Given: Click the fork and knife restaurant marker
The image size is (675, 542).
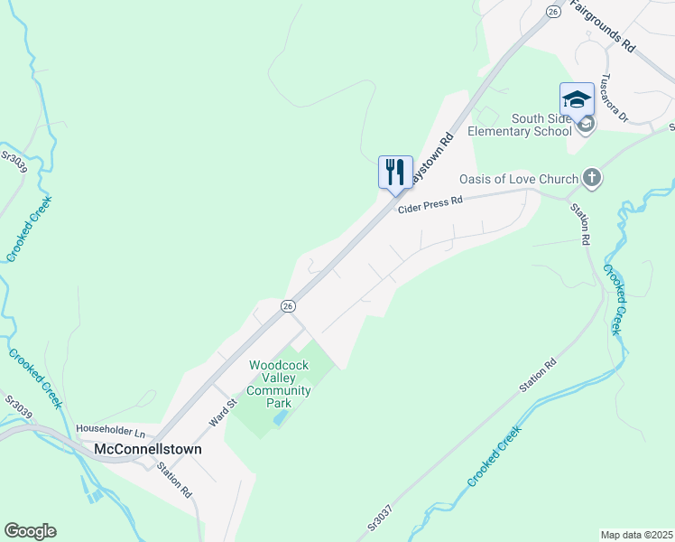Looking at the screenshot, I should pyautogui.click(x=395, y=173).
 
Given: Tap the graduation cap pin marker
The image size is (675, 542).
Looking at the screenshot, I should pyautogui.click(x=577, y=99).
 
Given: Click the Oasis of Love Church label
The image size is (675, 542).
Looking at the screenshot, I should pyautogui.click(x=518, y=178).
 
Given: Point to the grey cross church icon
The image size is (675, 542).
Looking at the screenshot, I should pyautogui.click(x=592, y=177).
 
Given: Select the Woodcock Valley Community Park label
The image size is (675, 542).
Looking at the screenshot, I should pyautogui.click(x=279, y=384).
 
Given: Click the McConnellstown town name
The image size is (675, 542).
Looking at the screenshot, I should pyautogui.click(x=148, y=449).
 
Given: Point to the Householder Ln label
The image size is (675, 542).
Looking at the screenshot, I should pyautogui.click(x=111, y=430).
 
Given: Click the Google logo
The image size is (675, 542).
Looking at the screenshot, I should pyautogui.click(x=30, y=531).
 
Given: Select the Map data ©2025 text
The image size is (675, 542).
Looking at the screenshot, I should pyautogui.click(x=635, y=535).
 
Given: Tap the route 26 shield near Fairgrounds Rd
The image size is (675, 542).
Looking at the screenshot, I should pyautogui.click(x=552, y=10).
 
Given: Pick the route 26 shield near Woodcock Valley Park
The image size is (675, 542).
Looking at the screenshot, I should pyautogui.click(x=287, y=306).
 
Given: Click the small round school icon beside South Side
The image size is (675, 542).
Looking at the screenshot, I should pyautogui.click(x=586, y=124).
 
